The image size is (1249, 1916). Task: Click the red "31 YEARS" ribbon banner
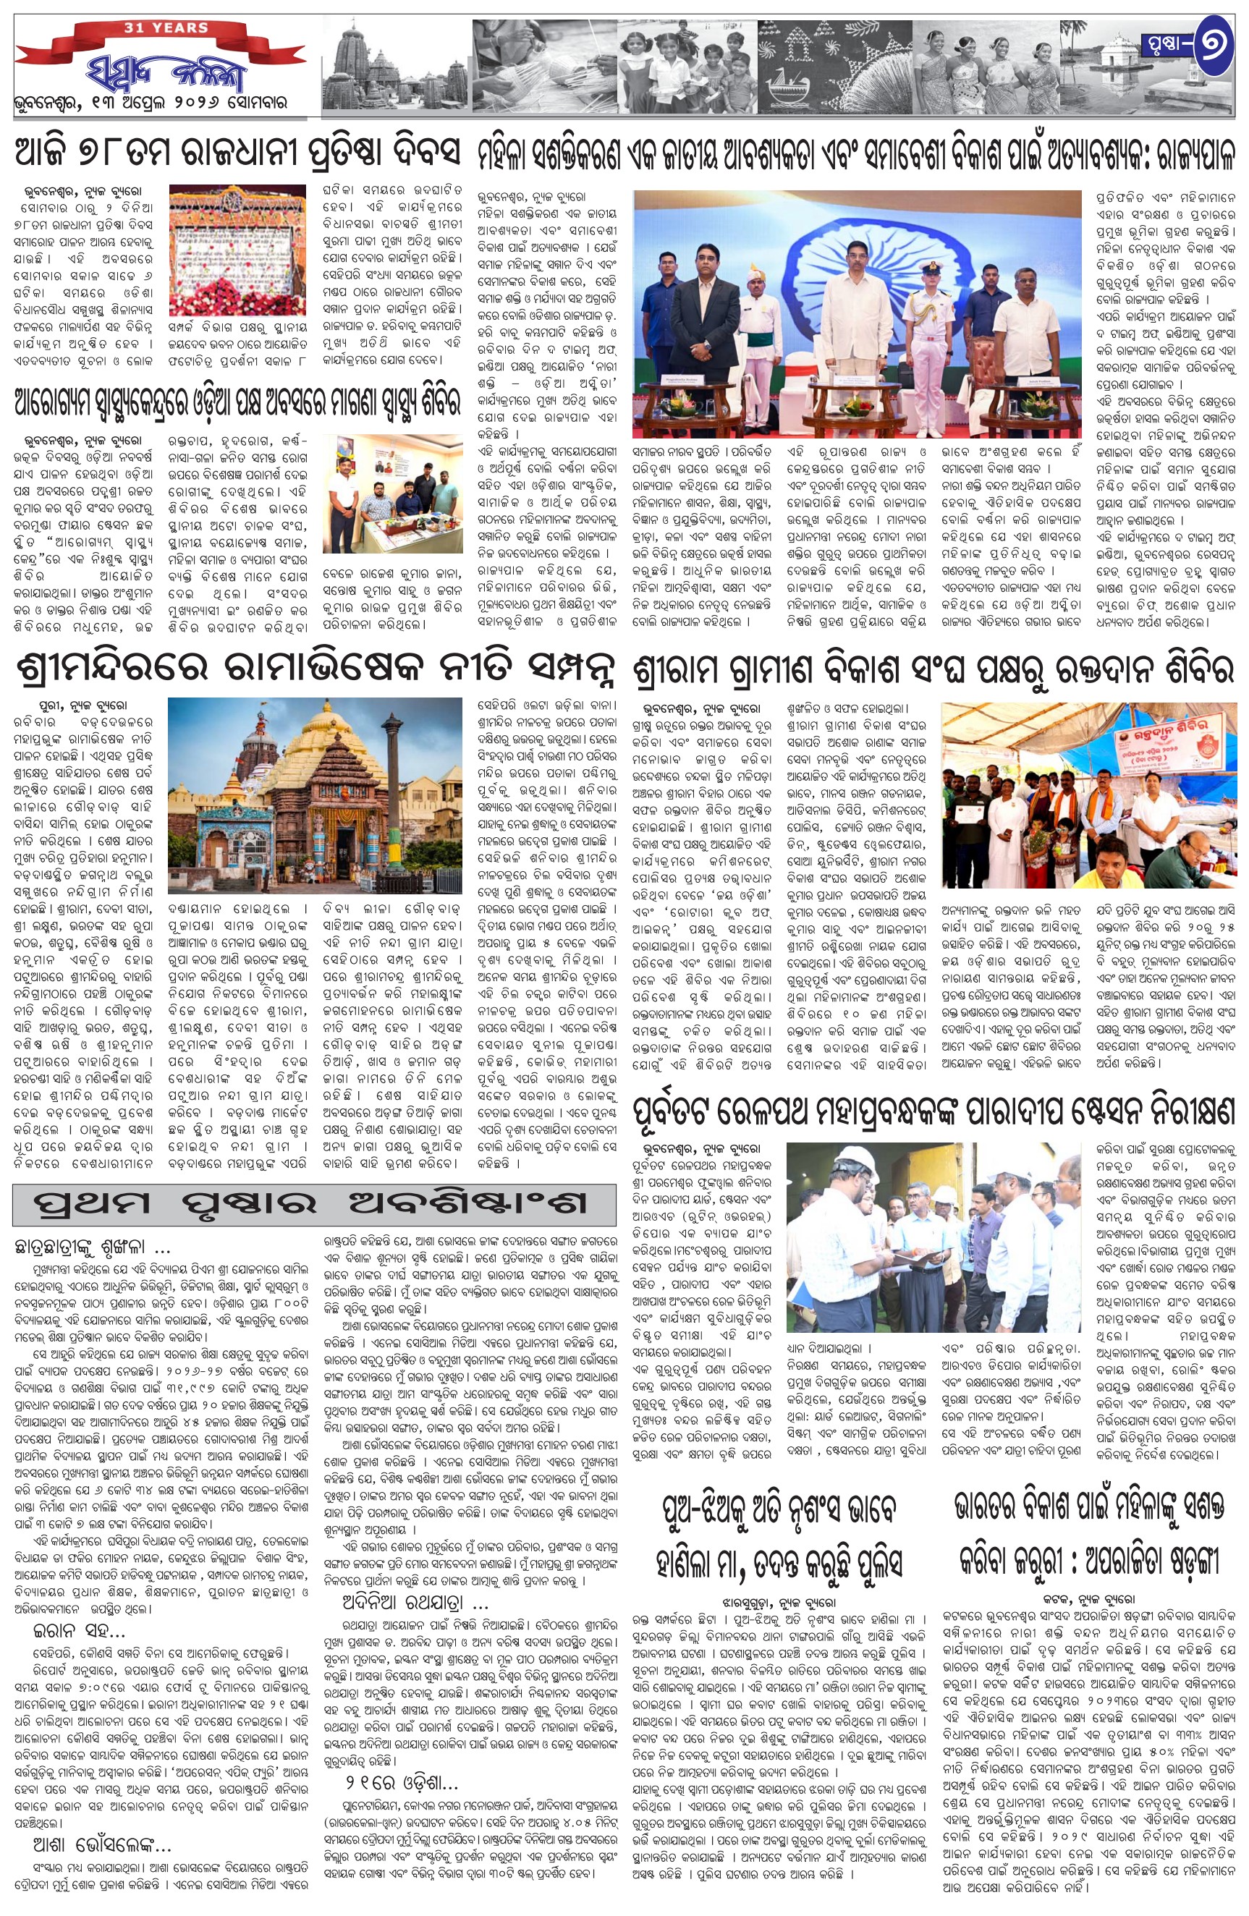pyautogui.click(x=165, y=30)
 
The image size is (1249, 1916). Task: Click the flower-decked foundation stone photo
pyautogui.click(x=237, y=250)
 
